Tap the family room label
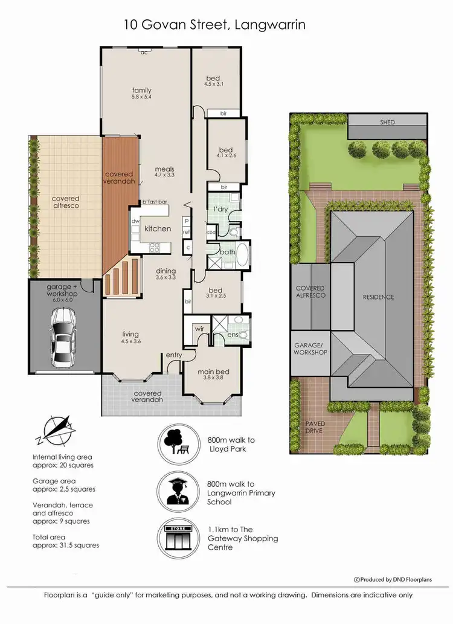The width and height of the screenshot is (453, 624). (142, 91)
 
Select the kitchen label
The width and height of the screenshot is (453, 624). (157, 229)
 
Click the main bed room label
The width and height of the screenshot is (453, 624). (211, 372)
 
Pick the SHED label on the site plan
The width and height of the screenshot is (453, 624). (387, 123)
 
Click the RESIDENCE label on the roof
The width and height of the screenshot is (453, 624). (378, 297)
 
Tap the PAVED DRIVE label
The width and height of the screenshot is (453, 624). (315, 427)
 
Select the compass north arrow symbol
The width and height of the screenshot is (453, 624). (56, 430)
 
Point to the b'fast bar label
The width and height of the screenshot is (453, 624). (154, 202)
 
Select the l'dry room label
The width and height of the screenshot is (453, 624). (219, 208)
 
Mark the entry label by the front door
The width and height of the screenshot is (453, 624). (174, 355)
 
